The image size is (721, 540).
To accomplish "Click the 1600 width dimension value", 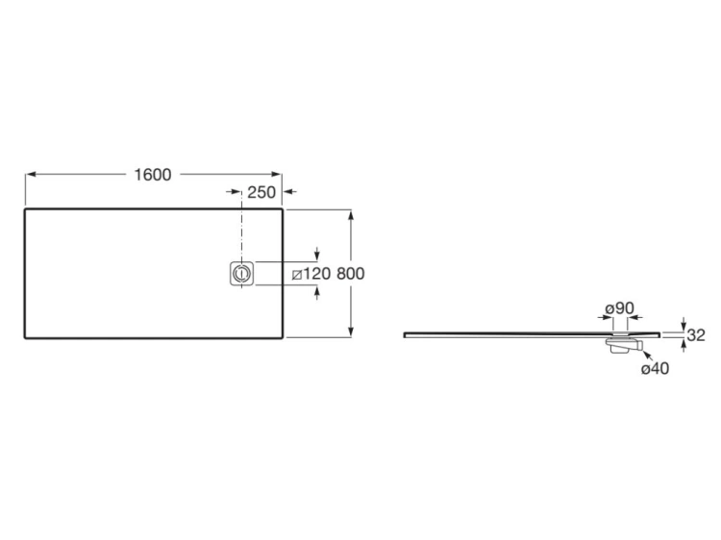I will click(153, 174).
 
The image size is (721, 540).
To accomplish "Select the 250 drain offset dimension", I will click(261, 192).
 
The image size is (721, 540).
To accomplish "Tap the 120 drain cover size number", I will click(318, 274).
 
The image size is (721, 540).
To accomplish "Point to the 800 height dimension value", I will click(351, 274).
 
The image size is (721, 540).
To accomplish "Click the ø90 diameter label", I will click(619, 307).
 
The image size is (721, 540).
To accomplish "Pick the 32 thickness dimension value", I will click(697, 335).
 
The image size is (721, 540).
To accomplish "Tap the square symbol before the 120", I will click(298, 275).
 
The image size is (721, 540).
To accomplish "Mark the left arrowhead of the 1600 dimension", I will click(29, 174).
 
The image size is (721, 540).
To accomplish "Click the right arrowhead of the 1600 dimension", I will click(280, 174).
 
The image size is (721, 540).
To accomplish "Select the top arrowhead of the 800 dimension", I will click(351, 213).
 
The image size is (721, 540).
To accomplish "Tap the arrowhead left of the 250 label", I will click(236, 192).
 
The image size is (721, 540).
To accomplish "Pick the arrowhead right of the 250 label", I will click(289, 192).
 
